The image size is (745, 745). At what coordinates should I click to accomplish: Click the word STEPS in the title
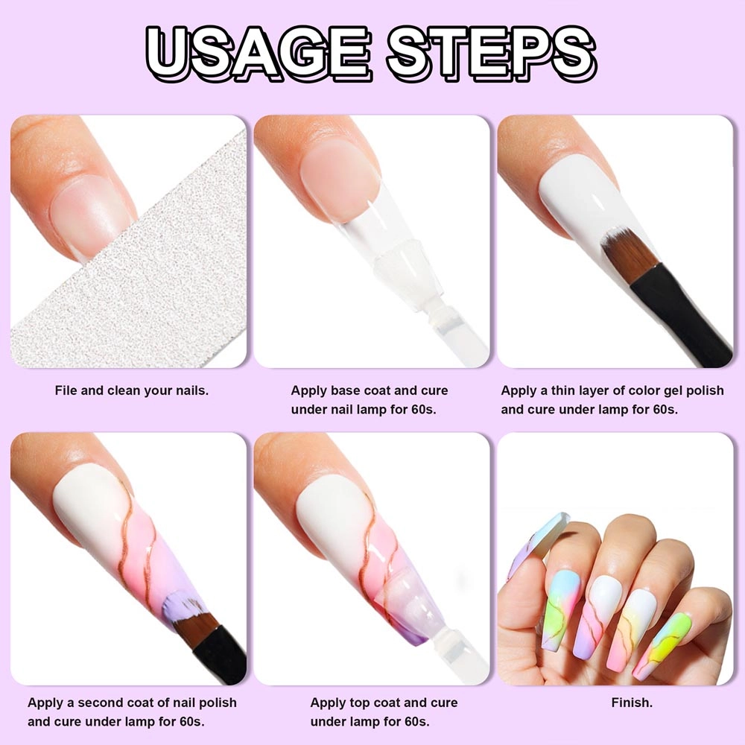coord(492,52)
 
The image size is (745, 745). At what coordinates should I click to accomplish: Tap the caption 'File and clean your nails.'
coord(132,390)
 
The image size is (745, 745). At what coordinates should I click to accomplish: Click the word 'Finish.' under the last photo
coord(632,703)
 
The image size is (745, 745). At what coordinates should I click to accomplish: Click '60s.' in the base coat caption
coord(424,410)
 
